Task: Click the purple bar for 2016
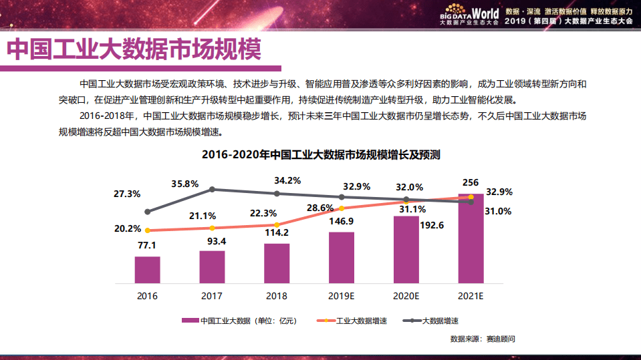[x=147, y=269]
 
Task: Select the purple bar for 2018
[x=277, y=263]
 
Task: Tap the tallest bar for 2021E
[x=471, y=238]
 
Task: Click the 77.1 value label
[x=147, y=246]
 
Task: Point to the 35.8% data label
[x=185, y=184]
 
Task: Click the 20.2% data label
[x=127, y=228]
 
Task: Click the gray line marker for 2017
[x=212, y=190]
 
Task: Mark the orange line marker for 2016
[x=147, y=230]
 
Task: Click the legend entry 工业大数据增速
[x=361, y=321]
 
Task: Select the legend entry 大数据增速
[x=444, y=321]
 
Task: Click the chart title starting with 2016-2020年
[x=321, y=155]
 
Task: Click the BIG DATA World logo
[x=470, y=15]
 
